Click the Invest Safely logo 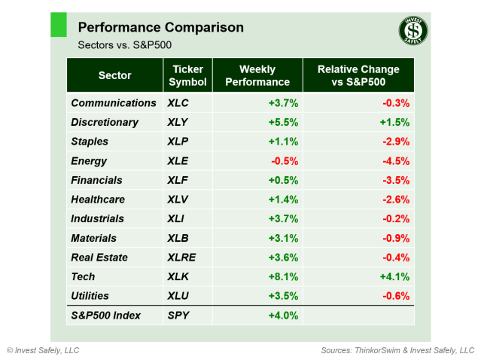coord(413,31)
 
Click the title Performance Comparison coord(160,27)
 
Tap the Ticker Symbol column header coord(187,75)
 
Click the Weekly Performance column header coord(257,75)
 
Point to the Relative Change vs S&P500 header coord(358,75)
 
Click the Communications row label coord(114,102)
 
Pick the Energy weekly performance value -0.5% coord(284,160)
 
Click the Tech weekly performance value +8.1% coord(284,276)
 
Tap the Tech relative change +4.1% coord(396,276)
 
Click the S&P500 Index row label coord(105,316)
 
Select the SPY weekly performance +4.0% coord(284,316)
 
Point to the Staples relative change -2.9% coord(396,142)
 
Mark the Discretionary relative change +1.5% coord(396,122)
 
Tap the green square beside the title coord(59,24)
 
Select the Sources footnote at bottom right coord(397,350)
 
